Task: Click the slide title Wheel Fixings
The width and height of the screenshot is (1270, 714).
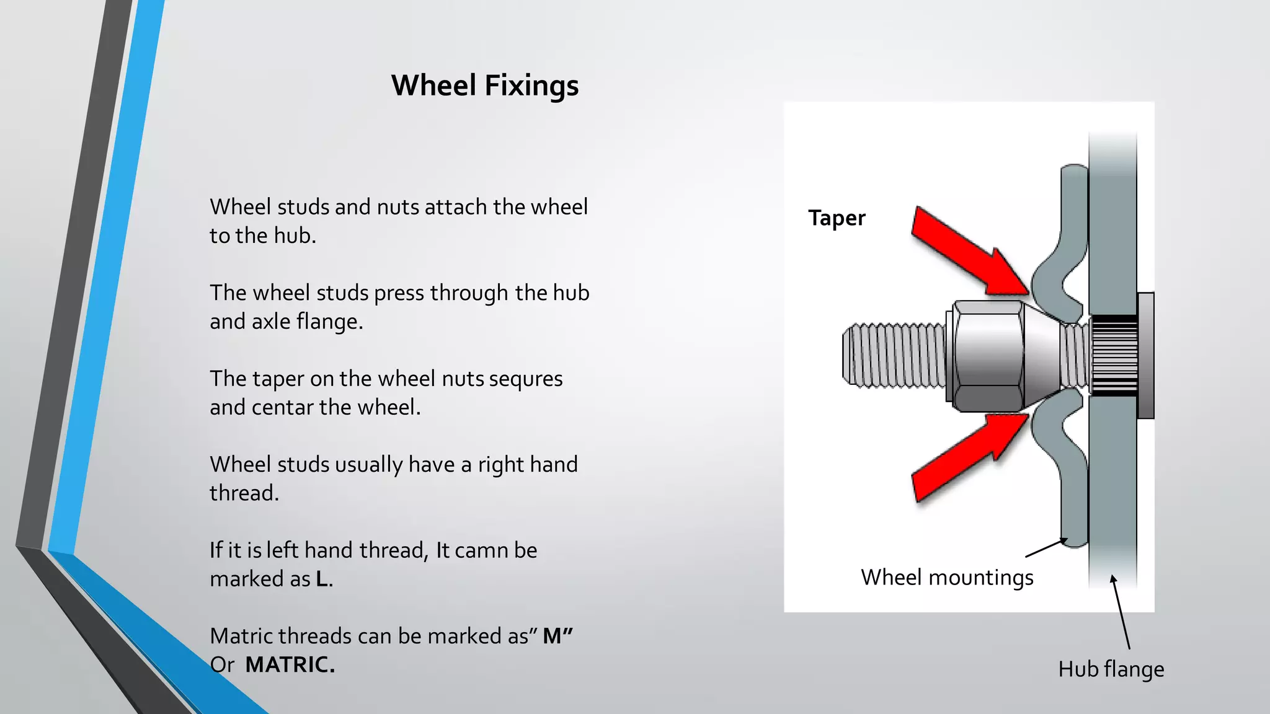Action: [485, 86]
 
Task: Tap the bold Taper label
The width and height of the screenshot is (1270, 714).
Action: [837, 218]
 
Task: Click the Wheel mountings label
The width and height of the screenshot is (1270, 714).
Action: [947, 578]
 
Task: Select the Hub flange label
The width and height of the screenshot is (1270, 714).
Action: [1111, 669]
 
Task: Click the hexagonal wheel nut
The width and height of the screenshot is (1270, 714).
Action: [988, 356]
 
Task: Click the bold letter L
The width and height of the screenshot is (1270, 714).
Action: [322, 579]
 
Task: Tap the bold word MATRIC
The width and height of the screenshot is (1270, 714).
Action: [290, 664]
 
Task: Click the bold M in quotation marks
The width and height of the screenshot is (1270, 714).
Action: [553, 636]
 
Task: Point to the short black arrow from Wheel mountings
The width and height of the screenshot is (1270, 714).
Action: [1046, 547]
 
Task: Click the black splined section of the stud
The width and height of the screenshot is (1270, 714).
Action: [1113, 356]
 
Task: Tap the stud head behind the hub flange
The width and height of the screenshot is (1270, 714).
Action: [1145, 356]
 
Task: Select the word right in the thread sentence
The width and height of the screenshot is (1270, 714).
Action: [498, 464]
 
